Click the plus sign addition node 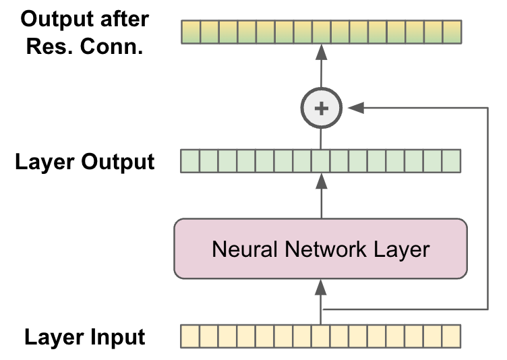(x=321, y=108)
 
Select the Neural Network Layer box (x=321, y=249)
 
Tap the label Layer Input (x=85, y=336)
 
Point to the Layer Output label (x=85, y=162)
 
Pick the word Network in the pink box (x=318, y=249)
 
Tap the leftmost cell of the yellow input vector (x=191, y=335)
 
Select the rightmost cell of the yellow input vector (x=451, y=335)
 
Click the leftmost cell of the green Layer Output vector (x=191, y=162)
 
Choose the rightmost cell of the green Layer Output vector (x=451, y=162)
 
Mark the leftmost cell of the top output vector (x=191, y=32)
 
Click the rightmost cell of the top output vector (x=451, y=32)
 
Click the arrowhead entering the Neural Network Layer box (x=321, y=287)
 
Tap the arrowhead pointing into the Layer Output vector (x=321, y=181)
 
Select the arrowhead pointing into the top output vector (x=321, y=51)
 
